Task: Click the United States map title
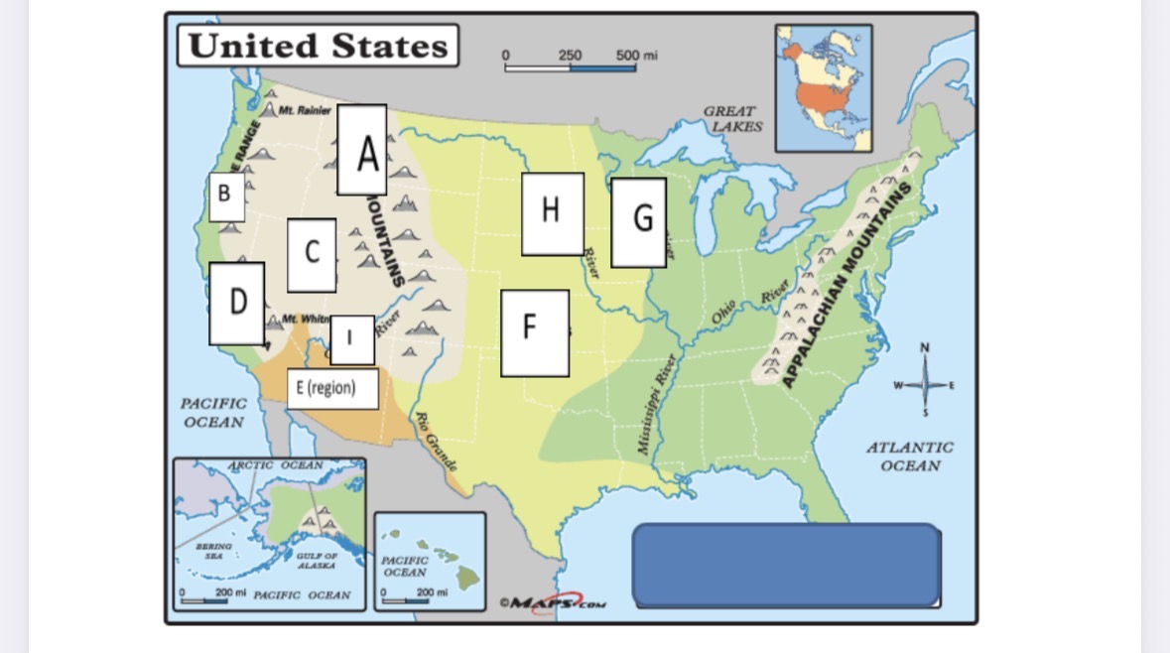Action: point(318,47)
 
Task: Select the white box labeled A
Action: point(362,150)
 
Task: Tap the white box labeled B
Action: point(226,196)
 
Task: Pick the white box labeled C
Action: point(312,254)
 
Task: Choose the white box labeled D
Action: point(236,303)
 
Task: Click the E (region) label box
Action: point(331,388)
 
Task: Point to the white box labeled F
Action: point(534,332)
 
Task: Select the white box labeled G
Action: point(638,222)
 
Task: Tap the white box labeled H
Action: point(553,213)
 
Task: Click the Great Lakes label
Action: point(732,119)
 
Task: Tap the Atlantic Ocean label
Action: point(909,457)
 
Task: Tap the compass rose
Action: point(925,384)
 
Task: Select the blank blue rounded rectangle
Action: point(785,565)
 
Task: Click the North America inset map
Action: point(824,87)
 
